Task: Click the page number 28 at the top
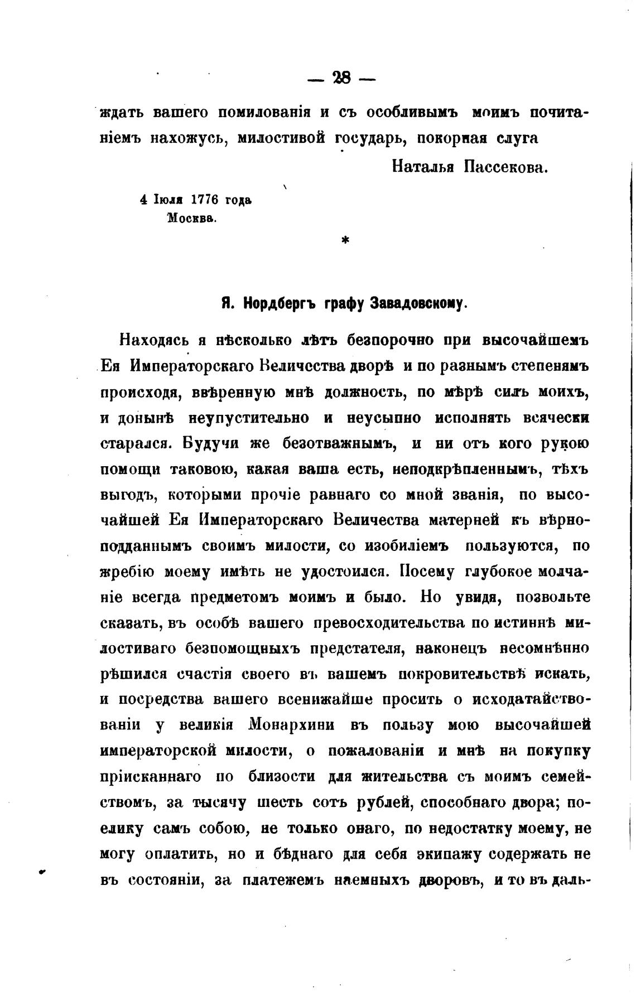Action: (x=341, y=78)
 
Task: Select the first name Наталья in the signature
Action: (x=422, y=167)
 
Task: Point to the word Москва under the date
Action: (x=191, y=218)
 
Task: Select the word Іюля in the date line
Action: (x=170, y=200)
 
